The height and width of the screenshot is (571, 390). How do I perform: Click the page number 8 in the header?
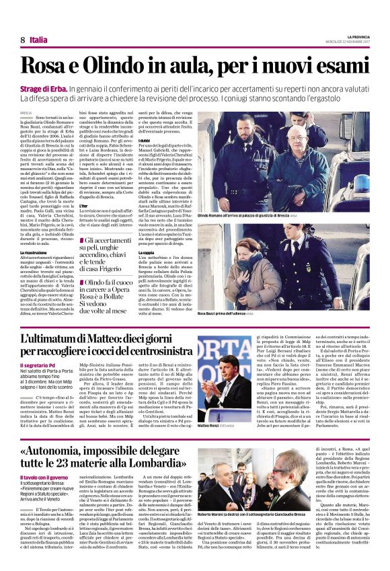(24, 40)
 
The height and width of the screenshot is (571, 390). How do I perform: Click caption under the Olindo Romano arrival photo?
(243, 215)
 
